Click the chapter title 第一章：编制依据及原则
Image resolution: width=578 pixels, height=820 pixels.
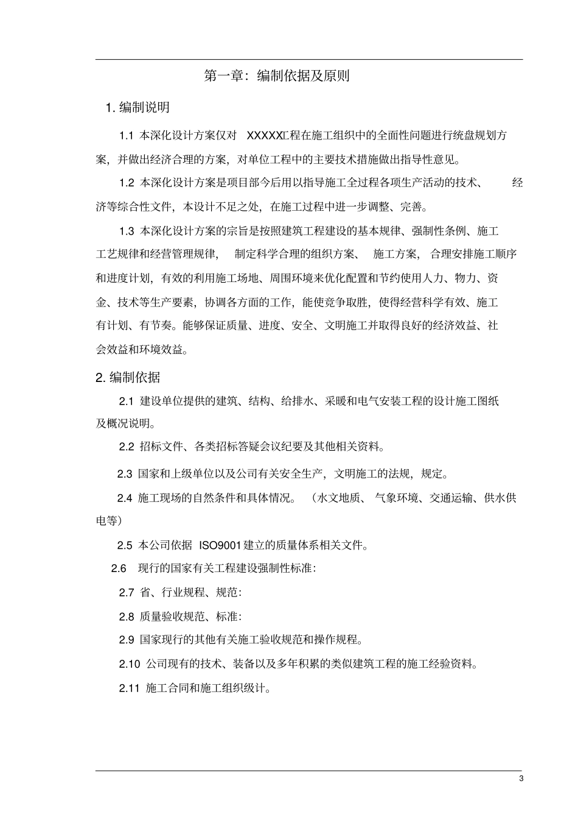[276, 76]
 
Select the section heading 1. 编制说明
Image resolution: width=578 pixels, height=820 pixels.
[138, 108]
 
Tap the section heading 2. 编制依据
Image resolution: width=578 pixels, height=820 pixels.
[128, 378]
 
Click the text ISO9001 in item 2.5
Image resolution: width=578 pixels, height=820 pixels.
[220, 545]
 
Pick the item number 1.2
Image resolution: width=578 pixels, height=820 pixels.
[127, 183]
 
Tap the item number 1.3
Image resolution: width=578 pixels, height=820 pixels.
[127, 231]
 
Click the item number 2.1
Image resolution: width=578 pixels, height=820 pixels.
[126, 401]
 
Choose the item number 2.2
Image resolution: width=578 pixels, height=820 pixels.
[127, 447]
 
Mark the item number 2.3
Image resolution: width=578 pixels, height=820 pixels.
[125, 474]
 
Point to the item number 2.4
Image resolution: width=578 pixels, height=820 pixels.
[125, 498]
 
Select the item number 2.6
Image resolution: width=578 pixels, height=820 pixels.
[119, 568]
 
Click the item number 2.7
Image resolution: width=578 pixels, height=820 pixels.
[127, 592]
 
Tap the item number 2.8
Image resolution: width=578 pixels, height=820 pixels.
[127, 617]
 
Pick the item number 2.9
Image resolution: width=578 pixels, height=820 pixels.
[127, 640]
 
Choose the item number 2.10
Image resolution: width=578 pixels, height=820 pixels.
[129, 664]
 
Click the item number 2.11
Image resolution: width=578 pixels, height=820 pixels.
[129, 688]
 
